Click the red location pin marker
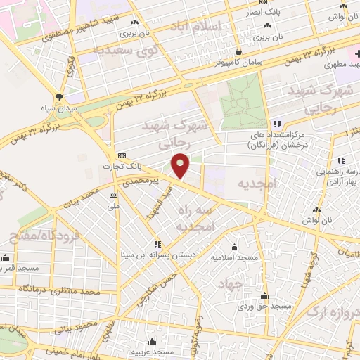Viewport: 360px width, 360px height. coord(181,165)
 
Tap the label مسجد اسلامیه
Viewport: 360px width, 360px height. coord(233,258)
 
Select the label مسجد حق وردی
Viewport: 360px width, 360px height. coord(264,307)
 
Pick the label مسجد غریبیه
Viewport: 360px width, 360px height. coord(152,351)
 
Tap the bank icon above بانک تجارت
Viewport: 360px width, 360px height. coord(122,156)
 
